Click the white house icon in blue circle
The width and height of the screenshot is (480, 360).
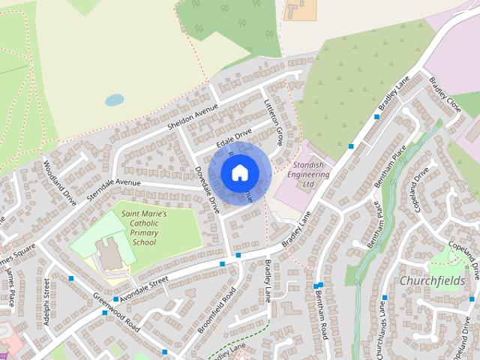(x=239, y=174)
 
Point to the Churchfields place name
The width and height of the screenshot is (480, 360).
(x=433, y=280)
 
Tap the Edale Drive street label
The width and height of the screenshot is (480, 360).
(x=233, y=139)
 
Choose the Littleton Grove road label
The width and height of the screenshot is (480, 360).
(x=273, y=124)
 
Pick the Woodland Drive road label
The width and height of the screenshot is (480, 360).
(x=60, y=182)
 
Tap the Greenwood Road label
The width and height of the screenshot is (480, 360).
(x=117, y=313)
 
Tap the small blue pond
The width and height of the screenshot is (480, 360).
(x=115, y=99)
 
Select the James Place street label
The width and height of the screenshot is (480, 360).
(x=10, y=289)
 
